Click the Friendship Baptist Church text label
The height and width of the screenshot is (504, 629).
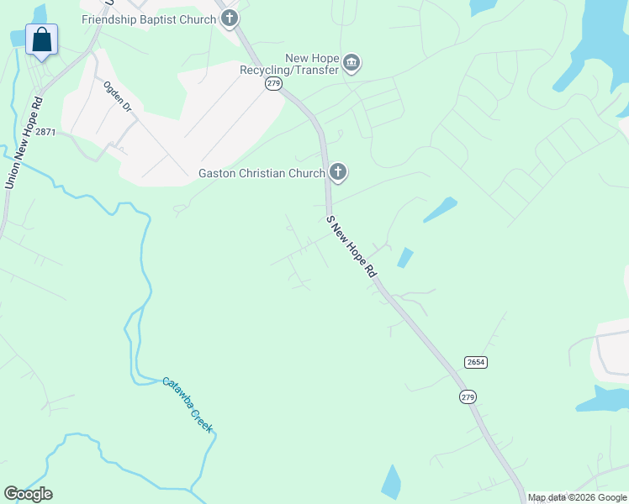(149, 19)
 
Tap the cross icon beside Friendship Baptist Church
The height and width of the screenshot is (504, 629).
(230, 18)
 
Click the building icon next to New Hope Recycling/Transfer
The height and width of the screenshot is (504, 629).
(351, 63)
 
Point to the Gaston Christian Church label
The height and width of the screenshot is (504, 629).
(262, 174)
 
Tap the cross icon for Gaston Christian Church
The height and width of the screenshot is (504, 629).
(337, 173)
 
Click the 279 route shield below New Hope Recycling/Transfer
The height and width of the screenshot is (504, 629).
(273, 83)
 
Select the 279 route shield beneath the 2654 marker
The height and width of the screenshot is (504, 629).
(468, 396)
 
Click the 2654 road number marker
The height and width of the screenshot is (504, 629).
(475, 362)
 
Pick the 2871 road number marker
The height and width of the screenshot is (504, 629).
(45, 134)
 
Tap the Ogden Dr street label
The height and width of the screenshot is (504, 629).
(119, 97)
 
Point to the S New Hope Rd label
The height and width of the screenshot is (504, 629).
(351, 246)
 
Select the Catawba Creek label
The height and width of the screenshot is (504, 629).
(188, 406)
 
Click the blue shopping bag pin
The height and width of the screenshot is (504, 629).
(41, 40)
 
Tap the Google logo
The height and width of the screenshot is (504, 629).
(28, 494)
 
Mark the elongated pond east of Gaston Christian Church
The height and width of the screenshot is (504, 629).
(440, 209)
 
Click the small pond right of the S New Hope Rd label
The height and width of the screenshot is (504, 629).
(405, 258)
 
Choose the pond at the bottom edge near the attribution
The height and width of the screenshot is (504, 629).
(392, 483)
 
